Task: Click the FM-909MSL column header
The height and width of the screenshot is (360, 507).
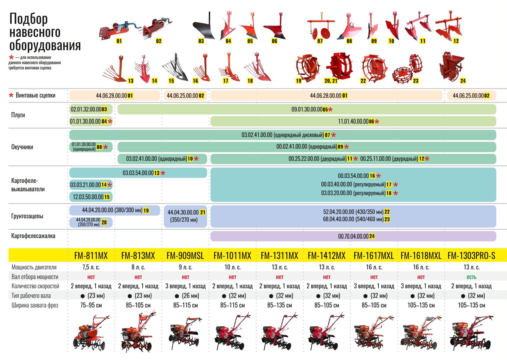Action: pyautogui.click(x=185, y=255)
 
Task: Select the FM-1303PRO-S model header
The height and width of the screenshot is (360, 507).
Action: pyautogui.click(x=471, y=255)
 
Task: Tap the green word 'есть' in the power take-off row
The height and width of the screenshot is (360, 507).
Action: pyautogui.click(x=471, y=277)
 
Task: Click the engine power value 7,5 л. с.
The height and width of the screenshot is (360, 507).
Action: pyautogui.click(x=91, y=267)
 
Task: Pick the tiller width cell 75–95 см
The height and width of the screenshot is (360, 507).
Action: pyautogui.click(x=91, y=305)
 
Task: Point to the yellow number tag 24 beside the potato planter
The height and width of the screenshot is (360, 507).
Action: pyautogui.click(x=463, y=81)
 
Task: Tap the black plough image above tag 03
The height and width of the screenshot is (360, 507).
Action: pyautogui.click(x=204, y=26)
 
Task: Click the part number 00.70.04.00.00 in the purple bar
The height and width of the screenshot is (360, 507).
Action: pyautogui.click(x=353, y=236)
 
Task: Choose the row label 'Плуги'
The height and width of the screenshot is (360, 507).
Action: pyautogui.click(x=18, y=115)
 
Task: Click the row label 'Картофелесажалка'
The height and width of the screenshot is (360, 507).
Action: pyautogui.click(x=33, y=236)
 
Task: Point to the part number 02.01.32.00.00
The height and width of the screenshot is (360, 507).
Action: pyautogui.click(x=86, y=109)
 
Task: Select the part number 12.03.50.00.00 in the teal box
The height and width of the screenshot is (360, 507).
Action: pyautogui.click(x=88, y=197)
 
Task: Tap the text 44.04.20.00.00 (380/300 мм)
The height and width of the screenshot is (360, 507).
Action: pyautogui.click(x=112, y=210)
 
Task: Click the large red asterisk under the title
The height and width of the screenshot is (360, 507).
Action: pyautogui.click(x=11, y=57)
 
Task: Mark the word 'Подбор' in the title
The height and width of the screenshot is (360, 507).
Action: pyautogui.click(x=28, y=19)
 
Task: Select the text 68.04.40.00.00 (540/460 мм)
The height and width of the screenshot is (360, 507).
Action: pyautogui.click(x=353, y=219)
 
